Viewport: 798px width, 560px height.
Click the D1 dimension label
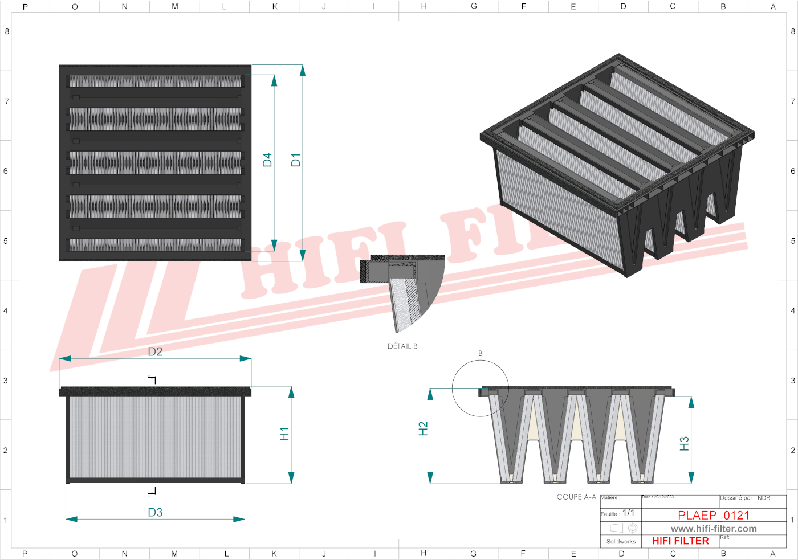pos(295,160)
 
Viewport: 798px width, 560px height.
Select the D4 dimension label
pos(267,160)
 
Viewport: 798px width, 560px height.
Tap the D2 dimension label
pos(155,351)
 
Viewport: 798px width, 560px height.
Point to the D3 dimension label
pos(155,512)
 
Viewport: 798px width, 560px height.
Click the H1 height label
pos(284,434)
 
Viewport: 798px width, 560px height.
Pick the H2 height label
pos(423,428)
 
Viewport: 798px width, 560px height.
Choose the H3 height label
pos(685,443)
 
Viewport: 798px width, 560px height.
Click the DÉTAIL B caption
pos(402,346)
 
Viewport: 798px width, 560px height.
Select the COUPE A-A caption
pos(576,497)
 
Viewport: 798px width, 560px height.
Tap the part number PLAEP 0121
pos(713,515)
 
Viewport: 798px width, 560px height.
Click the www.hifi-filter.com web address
pos(714,529)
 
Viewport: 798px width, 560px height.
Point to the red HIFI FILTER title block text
pos(681,541)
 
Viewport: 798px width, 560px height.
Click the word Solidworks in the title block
pos(621,542)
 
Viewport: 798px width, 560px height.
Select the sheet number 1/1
pos(629,513)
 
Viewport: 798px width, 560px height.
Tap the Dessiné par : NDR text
pos(745,498)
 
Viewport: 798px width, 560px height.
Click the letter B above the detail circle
pos(481,354)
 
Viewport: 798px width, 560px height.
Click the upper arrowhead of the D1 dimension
pos(303,71)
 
